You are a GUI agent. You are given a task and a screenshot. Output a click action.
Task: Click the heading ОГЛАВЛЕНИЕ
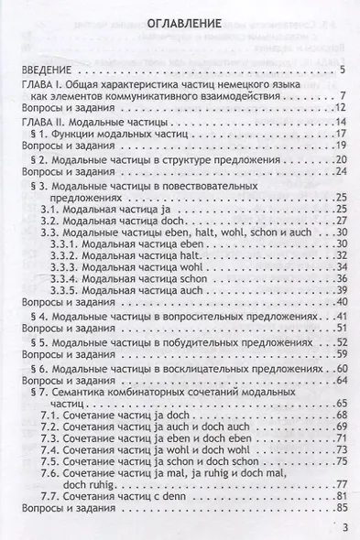click(x=180, y=27)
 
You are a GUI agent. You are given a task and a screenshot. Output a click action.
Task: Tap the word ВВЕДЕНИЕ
click(x=48, y=70)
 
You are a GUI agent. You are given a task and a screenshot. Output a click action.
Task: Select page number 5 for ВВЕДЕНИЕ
click(x=341, y=70)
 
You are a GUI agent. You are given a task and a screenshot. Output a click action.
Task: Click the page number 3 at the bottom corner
click(x=345, y=528)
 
